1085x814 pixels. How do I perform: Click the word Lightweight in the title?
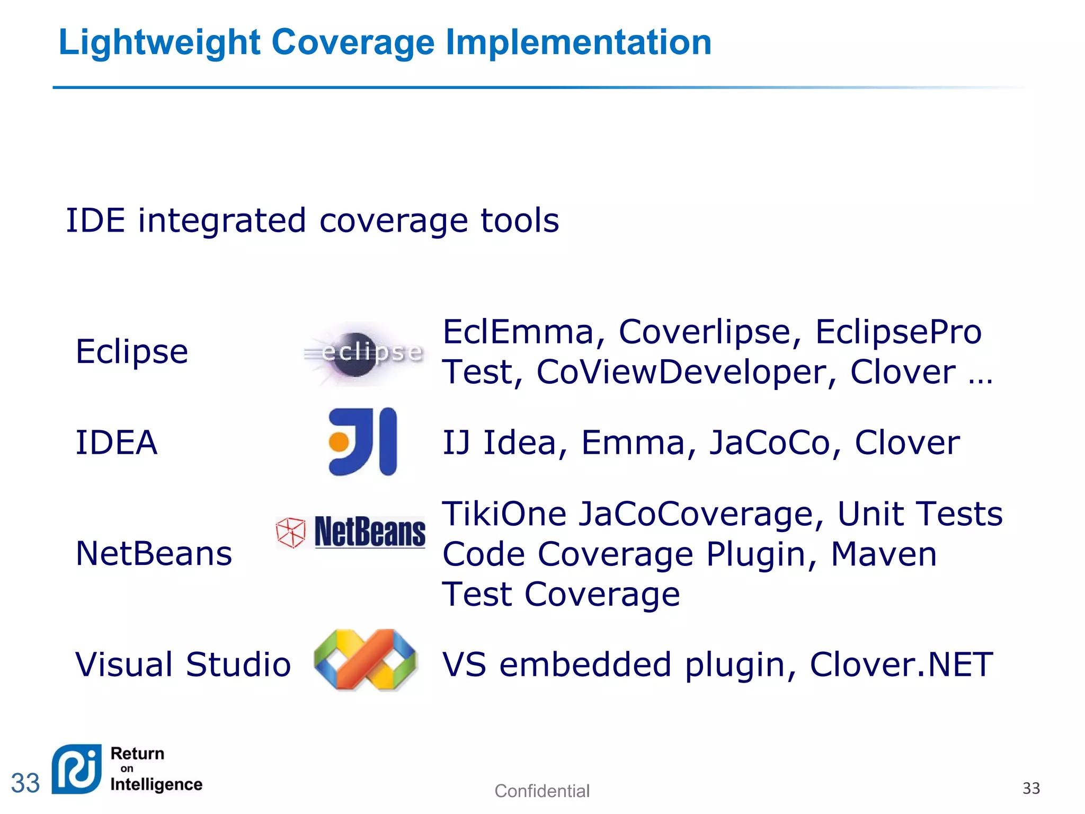coord(159,42)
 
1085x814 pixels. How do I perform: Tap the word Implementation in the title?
coord(579,42)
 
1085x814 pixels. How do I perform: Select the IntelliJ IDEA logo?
coord(363,441)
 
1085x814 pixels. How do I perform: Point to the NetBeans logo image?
coord(351,532)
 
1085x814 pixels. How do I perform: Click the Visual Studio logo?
coord(366,660)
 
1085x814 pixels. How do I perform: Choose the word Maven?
coord(884,554)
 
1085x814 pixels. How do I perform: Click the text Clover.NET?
coord(901,665)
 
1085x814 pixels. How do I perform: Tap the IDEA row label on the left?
coord(117,443)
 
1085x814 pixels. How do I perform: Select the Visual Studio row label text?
coord(183,665)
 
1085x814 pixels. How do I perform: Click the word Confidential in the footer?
coord(541,791)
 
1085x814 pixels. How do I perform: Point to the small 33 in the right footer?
coord(1031,788)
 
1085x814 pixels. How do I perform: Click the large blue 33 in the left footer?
coord(25,783)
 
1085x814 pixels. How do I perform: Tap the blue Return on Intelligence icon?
coord(77,769)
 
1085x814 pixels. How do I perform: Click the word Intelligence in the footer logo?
coord(156,784)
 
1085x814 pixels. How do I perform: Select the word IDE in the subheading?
coord(95,220)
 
